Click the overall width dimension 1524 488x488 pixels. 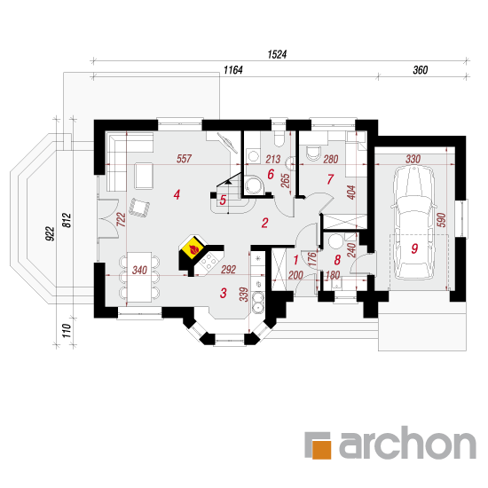[x=277, y=54]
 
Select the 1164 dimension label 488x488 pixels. [x=232, y=70]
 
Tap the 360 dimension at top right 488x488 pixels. [x=421, y=70]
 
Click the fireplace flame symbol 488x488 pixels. [x=193, y=249]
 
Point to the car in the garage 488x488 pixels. [x=413, y=223]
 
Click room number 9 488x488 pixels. [x=414, y=248]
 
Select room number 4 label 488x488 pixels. [x=177, y=195]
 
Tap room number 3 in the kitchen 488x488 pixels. [x=223, y=293]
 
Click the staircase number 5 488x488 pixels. [x=223, y=201]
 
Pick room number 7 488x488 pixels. [x=330, y=179]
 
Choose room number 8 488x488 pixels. [x=337, y=260]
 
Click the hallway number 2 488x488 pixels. [x=264, y=223]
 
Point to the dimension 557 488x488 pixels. [x=184, y=159]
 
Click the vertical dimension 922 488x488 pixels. [x=50, y=233]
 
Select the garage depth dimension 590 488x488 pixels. [x=442, y=220]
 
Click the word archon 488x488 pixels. [x=407, y=442]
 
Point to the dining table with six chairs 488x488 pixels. [x=139, y=277]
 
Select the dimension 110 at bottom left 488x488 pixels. [x=67, y=331]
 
